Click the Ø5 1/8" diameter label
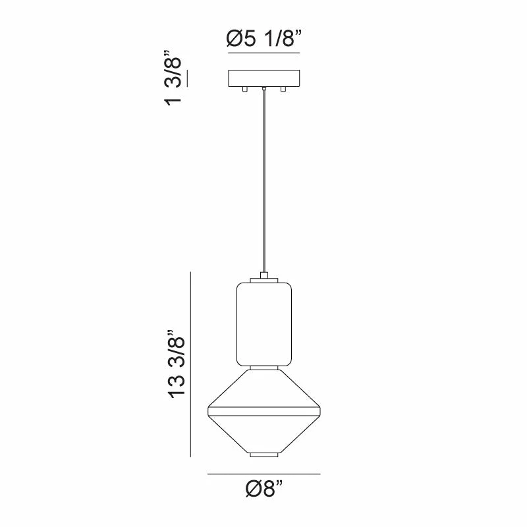pos(264,39)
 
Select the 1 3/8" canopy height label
pos(173,78)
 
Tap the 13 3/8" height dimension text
pos(177,364)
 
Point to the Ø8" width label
pos(264,488)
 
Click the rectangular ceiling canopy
pos(264,78)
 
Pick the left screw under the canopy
pos(245,90)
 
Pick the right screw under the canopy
pos(283,90)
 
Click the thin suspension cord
pos(264,182)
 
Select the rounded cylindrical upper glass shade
pos(264,324)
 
